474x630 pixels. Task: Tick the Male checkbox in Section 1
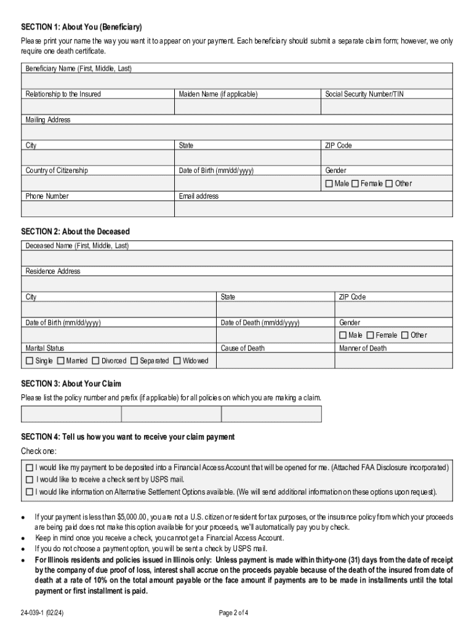(x=329, y=184)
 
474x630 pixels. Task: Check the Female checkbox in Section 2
(x=370, y=335)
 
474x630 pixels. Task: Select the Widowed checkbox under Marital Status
(x=177, y=361)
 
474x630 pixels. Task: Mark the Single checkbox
(x=30, y=361)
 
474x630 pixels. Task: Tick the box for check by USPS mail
(x=30, y=479)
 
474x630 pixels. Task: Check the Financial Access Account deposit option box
(x=30, y=468)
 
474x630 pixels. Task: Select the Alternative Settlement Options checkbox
(x=30, y=492)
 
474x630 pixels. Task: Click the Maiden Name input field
(x=247, y=107)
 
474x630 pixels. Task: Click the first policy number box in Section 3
(x=71, y=414)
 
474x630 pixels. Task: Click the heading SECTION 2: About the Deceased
(x=75, y=232)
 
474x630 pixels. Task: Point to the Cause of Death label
(x=243, y=348)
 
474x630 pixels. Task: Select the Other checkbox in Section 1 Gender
(x=389, y=184)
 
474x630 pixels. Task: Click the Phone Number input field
(x=98, y=209)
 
